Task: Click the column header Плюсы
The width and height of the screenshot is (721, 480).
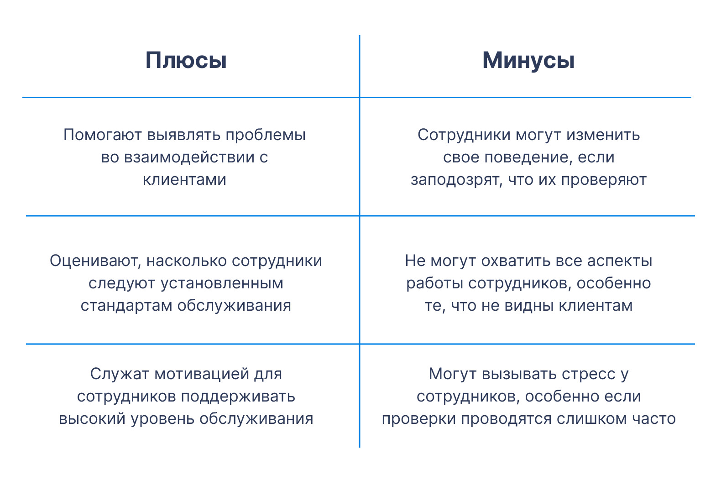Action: (186, 60)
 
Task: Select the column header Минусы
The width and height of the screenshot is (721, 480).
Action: (528, 60)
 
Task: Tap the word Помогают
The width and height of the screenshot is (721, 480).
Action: (102, 135)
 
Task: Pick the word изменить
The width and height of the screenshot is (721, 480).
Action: (603, 135)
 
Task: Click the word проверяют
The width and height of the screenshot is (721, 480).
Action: (604, 180)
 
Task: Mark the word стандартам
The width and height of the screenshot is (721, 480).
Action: (126, 306)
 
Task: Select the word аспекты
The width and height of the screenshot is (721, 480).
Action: (620, 261)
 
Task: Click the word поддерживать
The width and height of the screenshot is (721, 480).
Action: (238, 397)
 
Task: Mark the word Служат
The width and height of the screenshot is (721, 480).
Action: (120, 374)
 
